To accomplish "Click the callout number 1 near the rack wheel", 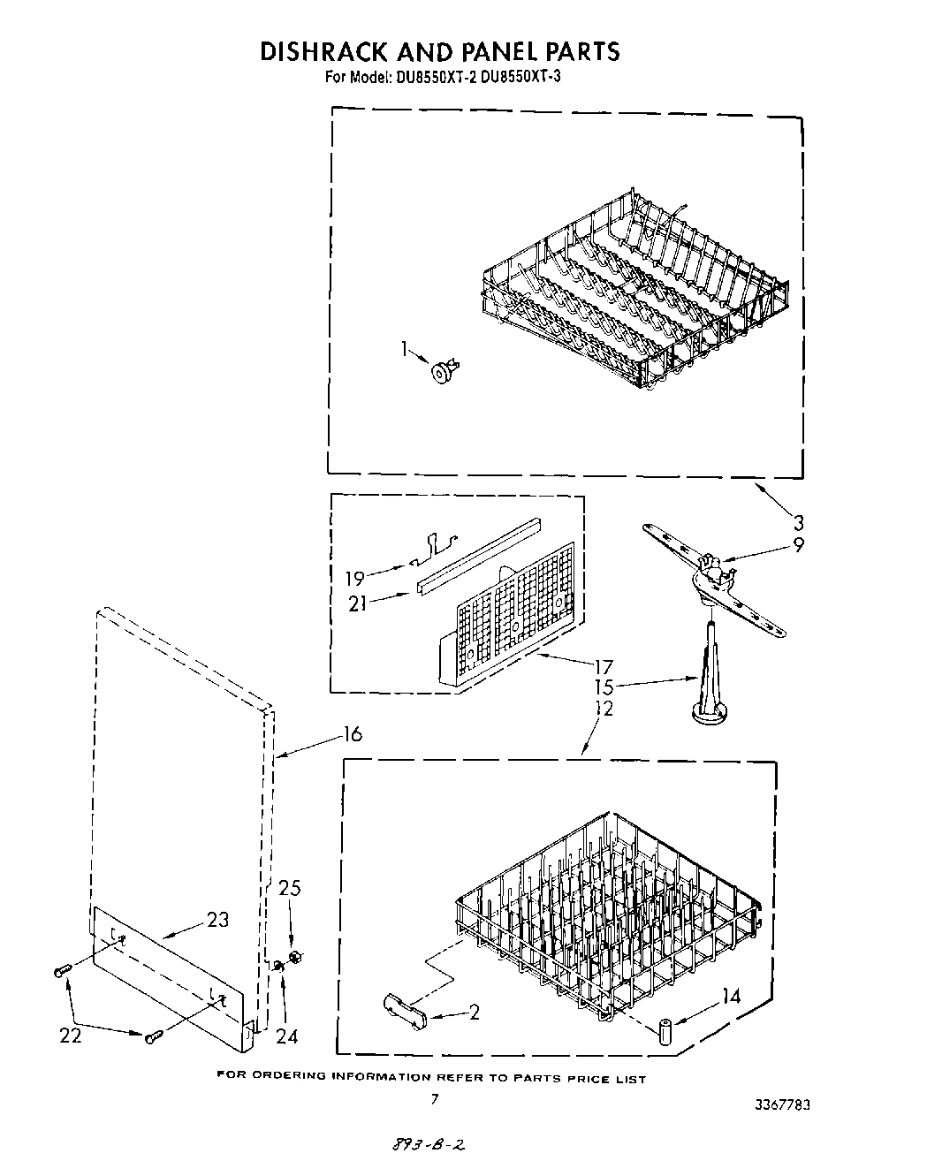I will [x=404, y=349].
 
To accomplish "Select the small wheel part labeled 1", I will [x=441, y=373].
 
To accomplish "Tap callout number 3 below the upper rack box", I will [x=798, y=521].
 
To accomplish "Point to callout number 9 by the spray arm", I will [x=798, y=545].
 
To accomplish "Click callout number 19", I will [x=354, y=579].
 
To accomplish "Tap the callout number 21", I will [x=357, y=604].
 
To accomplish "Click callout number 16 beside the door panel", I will [x=352, y=734].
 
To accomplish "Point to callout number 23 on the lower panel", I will [x=217, y=920].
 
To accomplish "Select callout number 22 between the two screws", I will [x=71, y=1035].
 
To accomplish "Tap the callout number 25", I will [x=290, y=888].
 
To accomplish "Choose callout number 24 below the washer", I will [x=286, y=1036].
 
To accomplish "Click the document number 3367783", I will [x=783, y=1105].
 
